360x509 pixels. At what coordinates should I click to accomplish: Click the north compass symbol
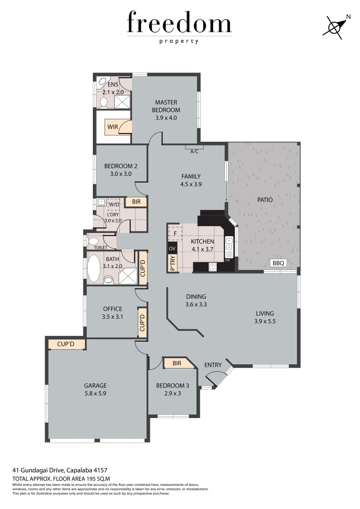click(x=335, y=26)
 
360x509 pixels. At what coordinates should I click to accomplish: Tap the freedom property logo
click(x=179, y=27)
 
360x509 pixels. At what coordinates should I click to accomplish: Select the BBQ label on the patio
click(x=278, y=263)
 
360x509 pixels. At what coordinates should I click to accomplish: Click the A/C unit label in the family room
click(x=194, y=151)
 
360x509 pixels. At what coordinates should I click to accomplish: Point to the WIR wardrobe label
click(x=113, y=127)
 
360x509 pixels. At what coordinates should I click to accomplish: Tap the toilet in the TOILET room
click(x=93, y=241)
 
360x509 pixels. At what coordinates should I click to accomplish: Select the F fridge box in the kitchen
click(x=175, y=233)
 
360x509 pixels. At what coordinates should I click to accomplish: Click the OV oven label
click(x=172, y=248)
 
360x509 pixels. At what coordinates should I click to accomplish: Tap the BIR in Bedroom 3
click(x=177, y=363)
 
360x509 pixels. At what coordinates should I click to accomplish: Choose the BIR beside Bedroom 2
click(x=136, y=202)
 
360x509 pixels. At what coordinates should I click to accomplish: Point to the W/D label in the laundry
click(x=114, y=205)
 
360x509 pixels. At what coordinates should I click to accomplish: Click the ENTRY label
click(x=213, y=365)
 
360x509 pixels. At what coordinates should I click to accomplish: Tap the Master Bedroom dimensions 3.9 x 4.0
click(x=166, y=118)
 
